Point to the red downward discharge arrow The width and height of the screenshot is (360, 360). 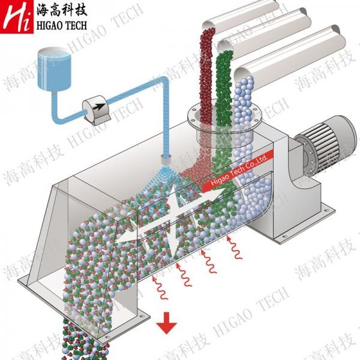coord(166,325)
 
